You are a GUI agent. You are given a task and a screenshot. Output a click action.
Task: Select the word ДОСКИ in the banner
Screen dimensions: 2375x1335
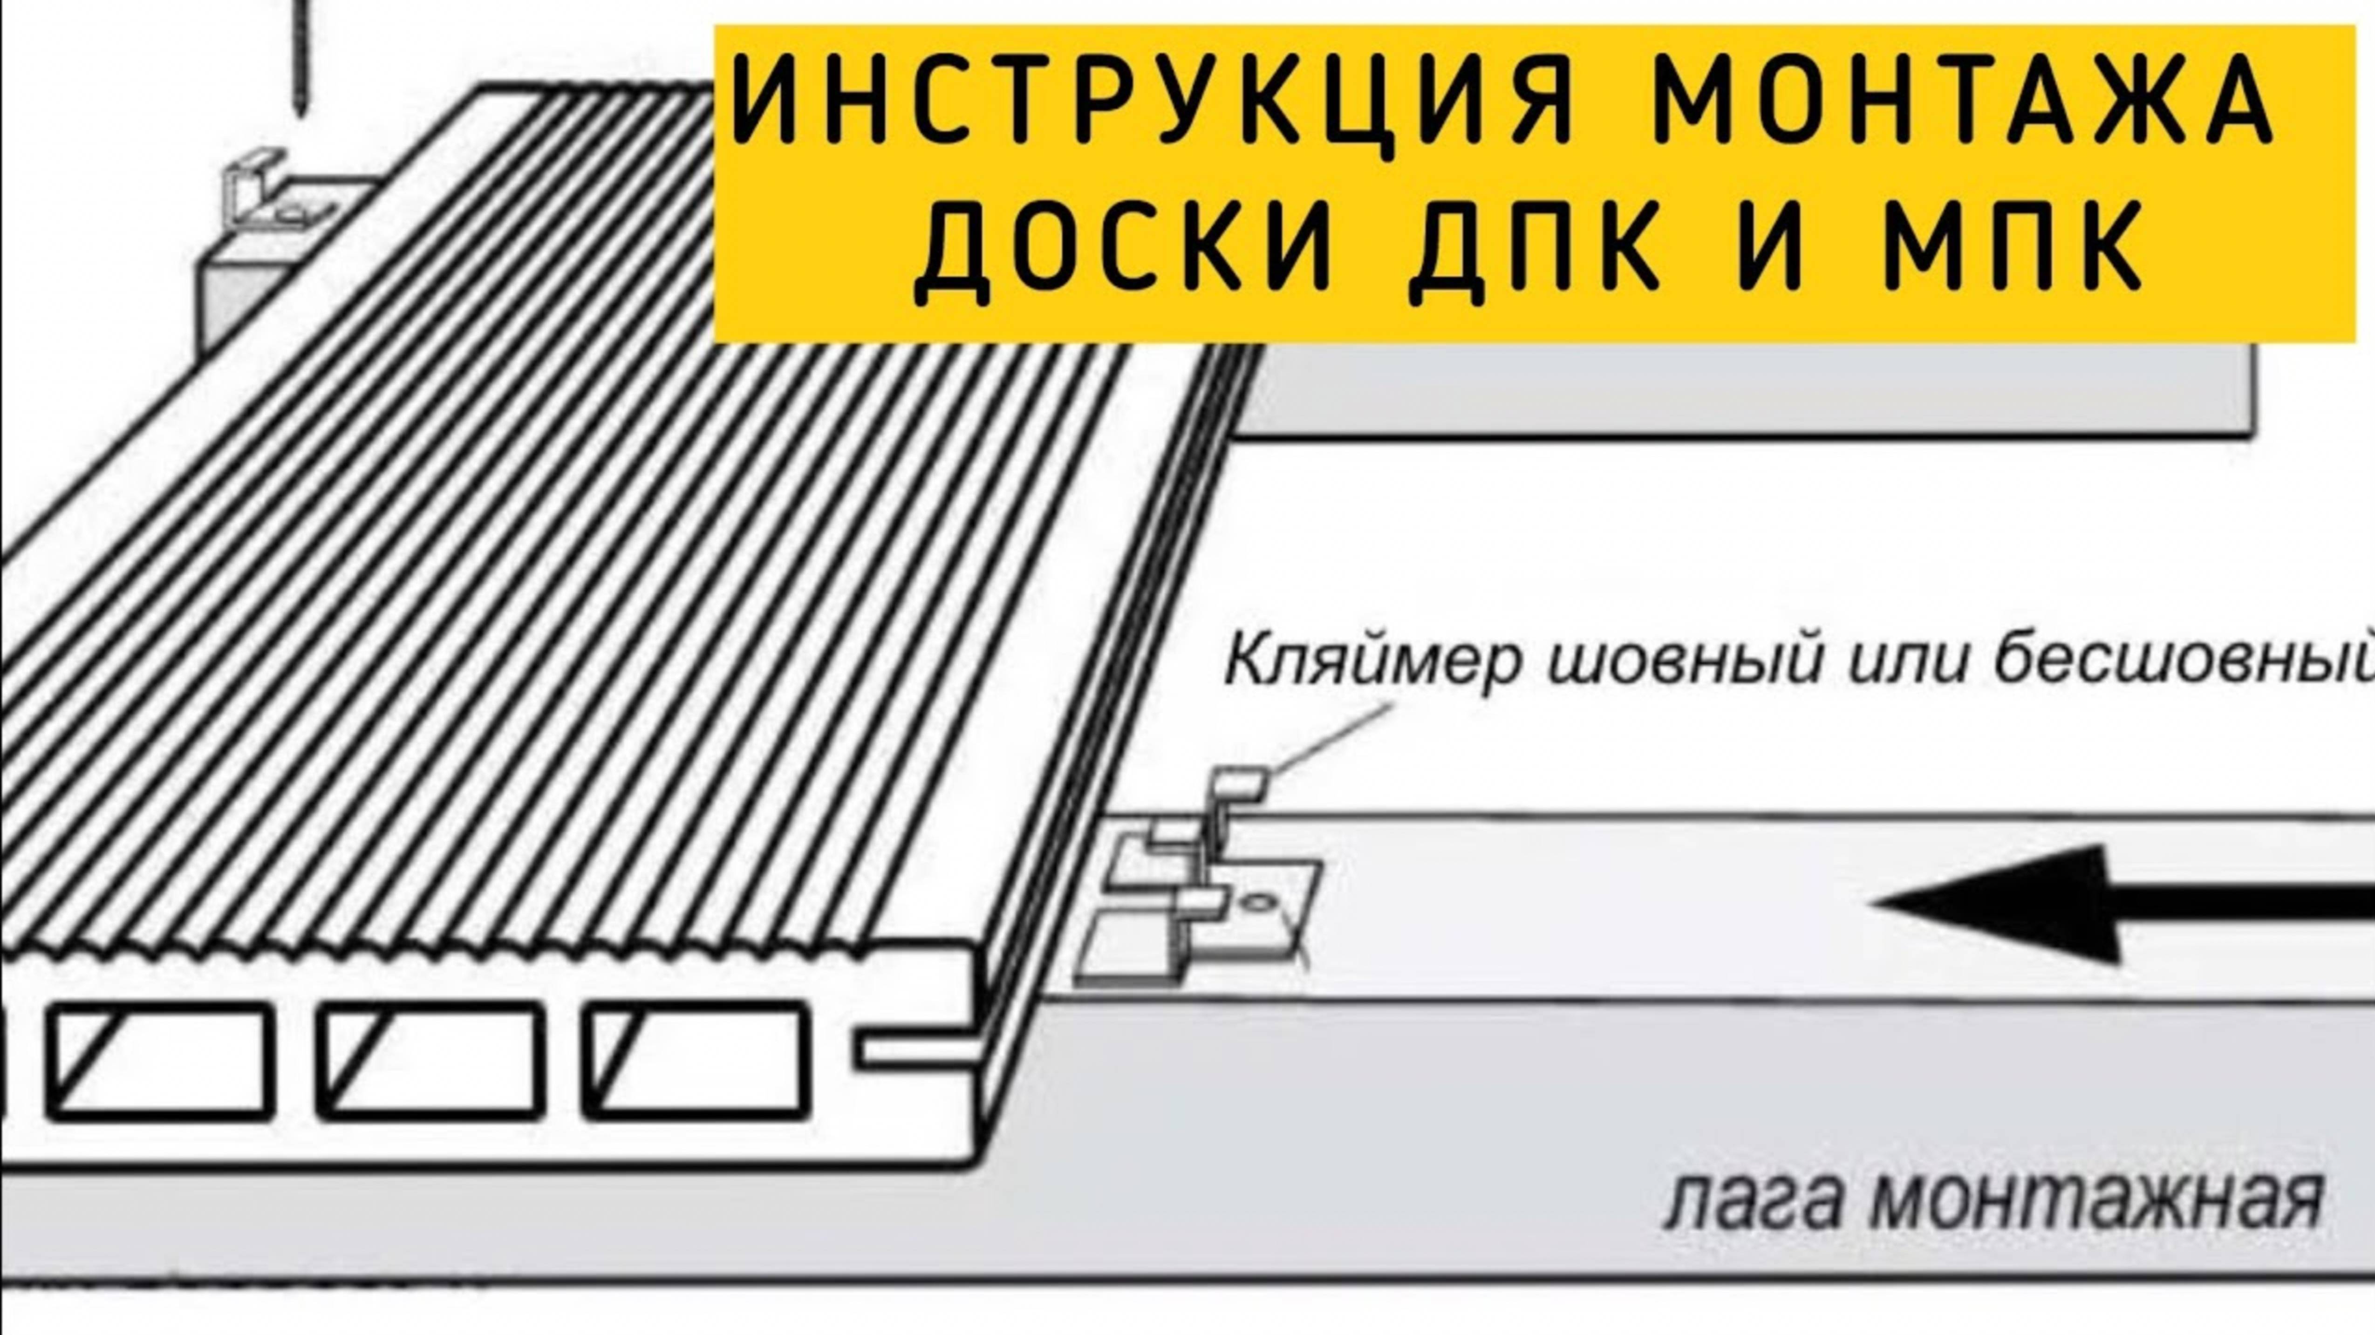point(1125,251)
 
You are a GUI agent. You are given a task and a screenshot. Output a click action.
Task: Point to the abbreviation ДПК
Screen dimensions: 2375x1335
point(1535,251)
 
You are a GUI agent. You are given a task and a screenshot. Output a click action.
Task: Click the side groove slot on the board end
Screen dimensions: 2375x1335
point(917,1051)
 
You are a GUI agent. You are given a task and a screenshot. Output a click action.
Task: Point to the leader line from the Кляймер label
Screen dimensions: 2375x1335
point(1332,737)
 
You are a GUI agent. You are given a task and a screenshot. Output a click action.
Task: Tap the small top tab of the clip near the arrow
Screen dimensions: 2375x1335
point(1240,783)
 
